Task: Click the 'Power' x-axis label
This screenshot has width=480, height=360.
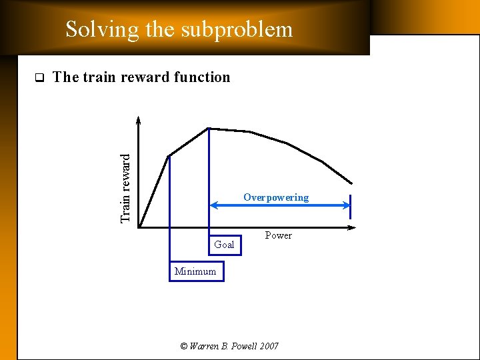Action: point(278,235)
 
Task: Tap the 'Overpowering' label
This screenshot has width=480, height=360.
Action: point(276,197)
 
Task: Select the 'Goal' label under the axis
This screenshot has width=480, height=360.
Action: point(224,245)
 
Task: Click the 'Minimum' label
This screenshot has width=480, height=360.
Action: point(195,271)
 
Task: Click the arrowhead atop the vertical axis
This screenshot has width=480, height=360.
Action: point(139,121)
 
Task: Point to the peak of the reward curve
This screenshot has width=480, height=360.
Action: point(209,128)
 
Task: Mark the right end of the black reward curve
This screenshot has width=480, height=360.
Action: point(351,183)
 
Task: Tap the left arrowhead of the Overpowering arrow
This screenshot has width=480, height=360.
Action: point(213,206)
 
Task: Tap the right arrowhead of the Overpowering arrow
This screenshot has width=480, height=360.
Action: point(346,206)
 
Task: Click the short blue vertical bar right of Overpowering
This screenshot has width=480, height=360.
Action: point(351,207)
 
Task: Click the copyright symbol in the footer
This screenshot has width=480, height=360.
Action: point(184,346)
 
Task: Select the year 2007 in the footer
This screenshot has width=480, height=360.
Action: point(268,346)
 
